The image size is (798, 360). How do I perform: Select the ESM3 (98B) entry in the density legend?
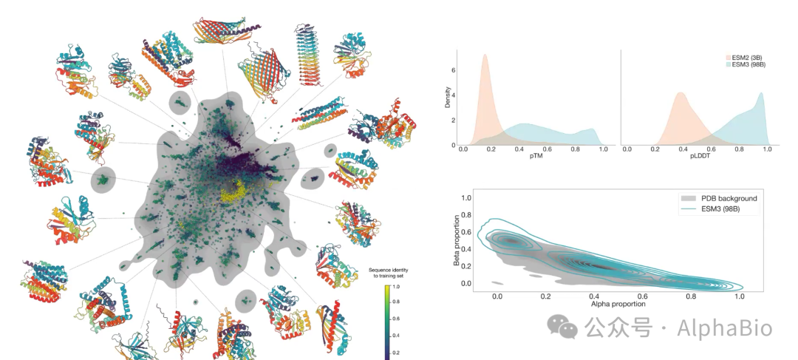pos(750,64)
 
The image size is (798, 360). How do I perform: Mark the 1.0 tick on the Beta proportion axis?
pos(466,198)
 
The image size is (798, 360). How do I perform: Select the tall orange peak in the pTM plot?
pos(484,58)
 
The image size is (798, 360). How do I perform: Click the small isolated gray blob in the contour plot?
pos(498,283)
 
